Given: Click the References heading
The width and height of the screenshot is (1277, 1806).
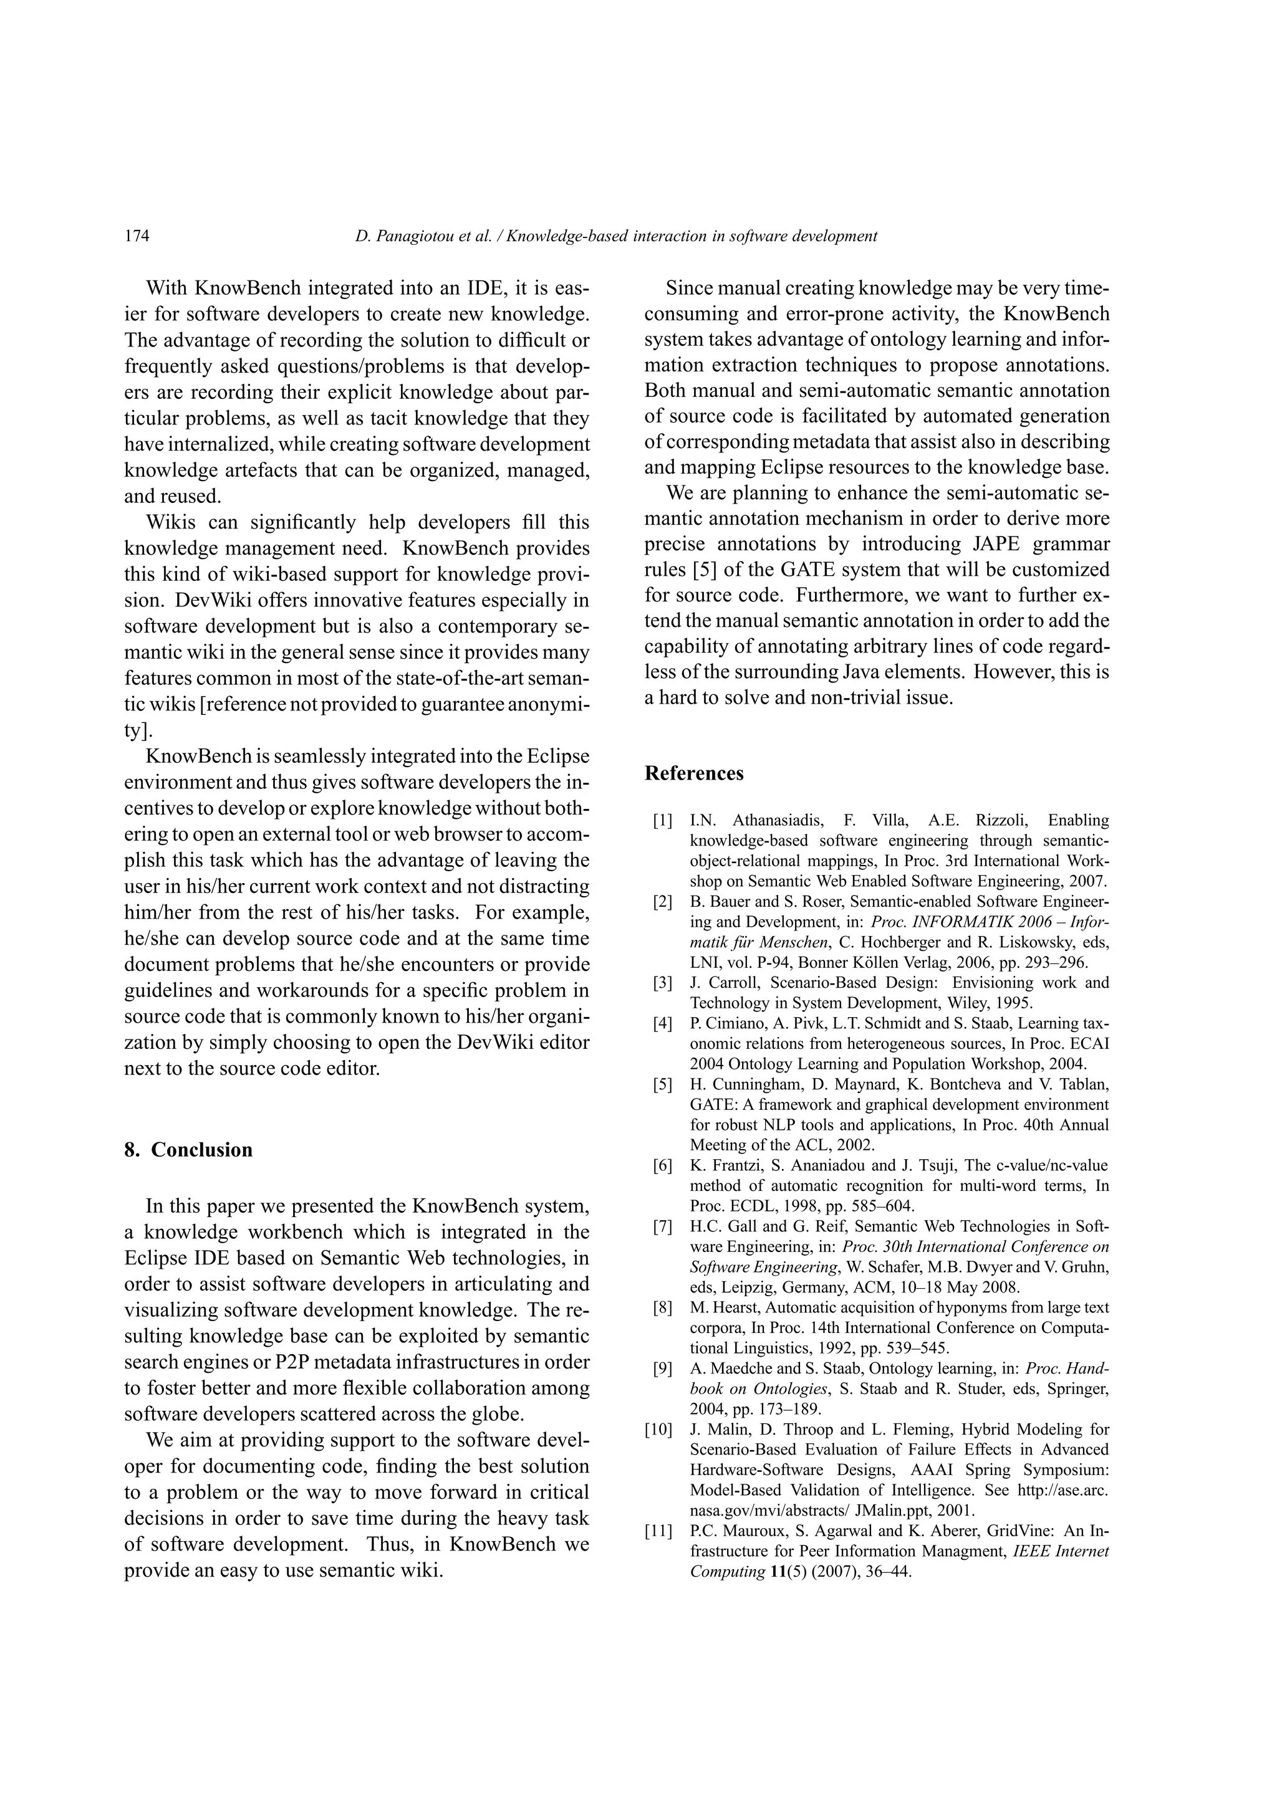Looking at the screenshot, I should coord(693,773).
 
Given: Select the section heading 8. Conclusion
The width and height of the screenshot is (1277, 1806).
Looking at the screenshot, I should coord(188,1150).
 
